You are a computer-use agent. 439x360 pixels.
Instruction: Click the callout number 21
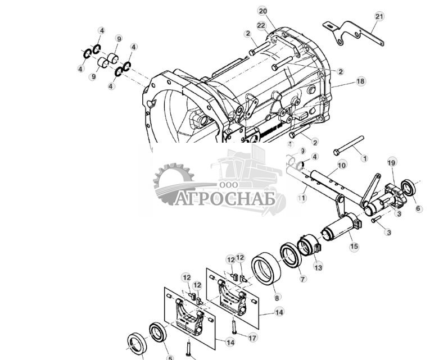(379, 17)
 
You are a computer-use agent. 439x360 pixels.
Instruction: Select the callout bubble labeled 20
(263, 11)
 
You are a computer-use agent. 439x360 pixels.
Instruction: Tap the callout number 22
(261, 26)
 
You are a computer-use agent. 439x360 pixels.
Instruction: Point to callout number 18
(360, 81)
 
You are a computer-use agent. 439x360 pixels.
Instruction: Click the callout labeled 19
(391, 163)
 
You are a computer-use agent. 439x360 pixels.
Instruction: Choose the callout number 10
(341, 166)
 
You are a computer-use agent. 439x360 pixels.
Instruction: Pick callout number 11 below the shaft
(302, 198)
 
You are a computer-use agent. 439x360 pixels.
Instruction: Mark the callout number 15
(354, 246)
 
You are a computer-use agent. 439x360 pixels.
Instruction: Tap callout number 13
(318, 267)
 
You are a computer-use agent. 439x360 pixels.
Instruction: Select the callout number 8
(277, 298)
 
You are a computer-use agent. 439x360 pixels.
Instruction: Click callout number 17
(252, 338)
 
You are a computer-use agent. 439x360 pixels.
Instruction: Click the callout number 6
(418, 208)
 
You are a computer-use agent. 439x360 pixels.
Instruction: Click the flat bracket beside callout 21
(354, 33)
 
